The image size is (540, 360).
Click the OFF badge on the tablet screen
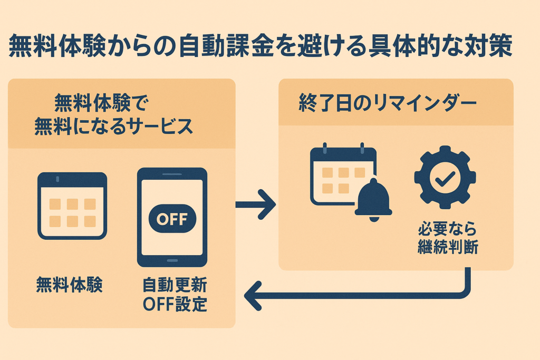tap(172, 218)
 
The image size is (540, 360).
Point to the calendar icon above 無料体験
tap(72, 206)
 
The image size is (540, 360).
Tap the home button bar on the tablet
tap(172, 260)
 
